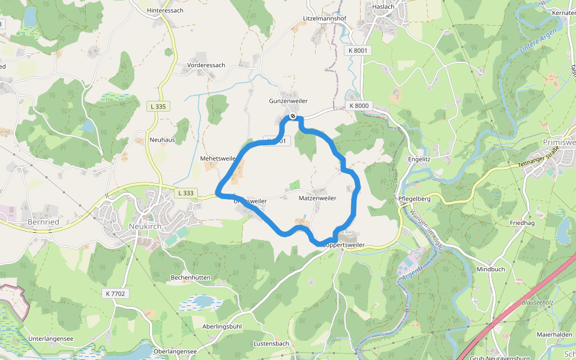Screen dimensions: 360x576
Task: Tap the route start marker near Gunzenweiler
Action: [x=292, y=116]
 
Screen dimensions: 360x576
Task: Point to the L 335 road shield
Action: [x=159, y=106]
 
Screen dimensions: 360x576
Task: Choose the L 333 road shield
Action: [x=186, y=193]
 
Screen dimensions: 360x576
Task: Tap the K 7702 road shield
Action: [x=115, y=293]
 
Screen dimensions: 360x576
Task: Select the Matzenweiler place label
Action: [x=317, y=197]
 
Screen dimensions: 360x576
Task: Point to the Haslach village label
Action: [x=382, y=7]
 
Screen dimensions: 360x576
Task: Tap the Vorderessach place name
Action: [x=206, y=65]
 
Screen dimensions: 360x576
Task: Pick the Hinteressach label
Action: [x=165, y=10]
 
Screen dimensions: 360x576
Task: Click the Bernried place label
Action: [x=43, y=222]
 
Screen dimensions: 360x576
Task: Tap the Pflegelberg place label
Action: [x=415, y=198]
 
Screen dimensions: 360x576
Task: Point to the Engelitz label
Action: [x=419, y=159]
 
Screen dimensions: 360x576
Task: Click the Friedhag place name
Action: [x=521, y=223]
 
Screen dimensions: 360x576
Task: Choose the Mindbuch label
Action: [x=490, y=269]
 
